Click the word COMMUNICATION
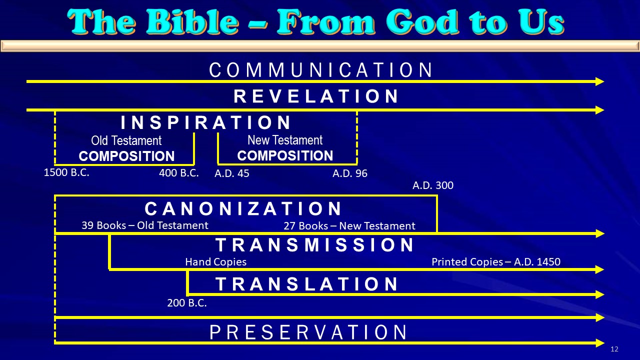[x=321, y=70]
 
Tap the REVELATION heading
[x=316, y=96]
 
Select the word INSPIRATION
[x=205, y=122]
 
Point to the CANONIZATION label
[x=243, y=208]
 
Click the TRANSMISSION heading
[x=314, y=245]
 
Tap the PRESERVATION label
[x=308, y=332]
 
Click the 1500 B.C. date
[x=66, y=172]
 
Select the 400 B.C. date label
[x=179, y=173]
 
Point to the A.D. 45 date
[x=231, y=173]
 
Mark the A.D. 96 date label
[x=350, y=173]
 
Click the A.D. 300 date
[x=433, y=185]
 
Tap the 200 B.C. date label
[x=187, y=303]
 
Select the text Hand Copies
[x=215, y=262]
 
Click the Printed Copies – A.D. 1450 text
[x=496, y=262]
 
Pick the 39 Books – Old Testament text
[x=145, y=225]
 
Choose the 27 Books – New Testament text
[x=349, y=226]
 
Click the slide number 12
[x=614, y=349]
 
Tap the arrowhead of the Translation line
[x=599, y=294]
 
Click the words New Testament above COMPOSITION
[x=285, y=140]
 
